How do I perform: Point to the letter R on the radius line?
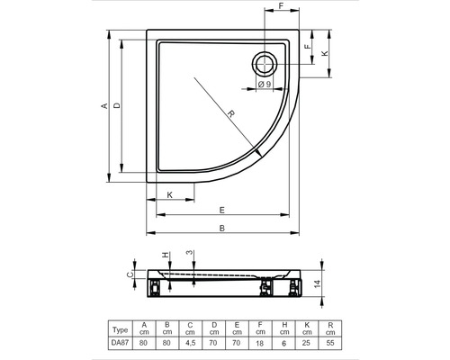[x=230, y=115]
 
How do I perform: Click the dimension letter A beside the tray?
[x=104, y=106]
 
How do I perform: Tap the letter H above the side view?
[x=165, y=256]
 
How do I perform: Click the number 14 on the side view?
[x=318, y=284]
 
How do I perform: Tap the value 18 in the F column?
[x=261, y=343]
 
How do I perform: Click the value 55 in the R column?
[x=331, y=343]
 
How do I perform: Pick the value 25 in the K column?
[x=308, y=343]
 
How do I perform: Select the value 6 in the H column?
[x=284, y=343]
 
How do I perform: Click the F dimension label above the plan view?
[x=281, y=7]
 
